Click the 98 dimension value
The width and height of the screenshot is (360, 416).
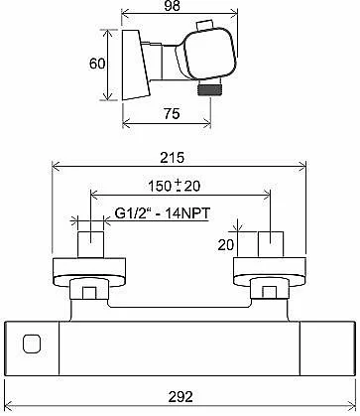(172, 6)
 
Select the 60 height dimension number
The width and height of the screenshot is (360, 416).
(97, 64)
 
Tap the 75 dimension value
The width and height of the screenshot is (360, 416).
(172, 114)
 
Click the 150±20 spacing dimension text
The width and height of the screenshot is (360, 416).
(174, 186)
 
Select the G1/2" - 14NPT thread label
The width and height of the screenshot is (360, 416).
(163, 213)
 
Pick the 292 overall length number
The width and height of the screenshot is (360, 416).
(180, 396)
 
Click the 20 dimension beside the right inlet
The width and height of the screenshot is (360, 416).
(226, 245)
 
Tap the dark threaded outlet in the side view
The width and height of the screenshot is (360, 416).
(209, 89)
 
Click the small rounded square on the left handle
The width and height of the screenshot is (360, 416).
(32, 344)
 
